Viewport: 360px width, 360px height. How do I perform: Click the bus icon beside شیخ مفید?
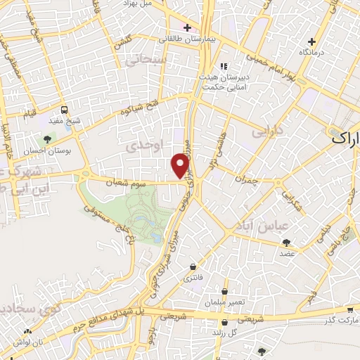[65, 110]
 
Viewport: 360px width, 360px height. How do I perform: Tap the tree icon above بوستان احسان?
[47, 139]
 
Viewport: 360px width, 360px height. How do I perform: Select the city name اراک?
[345, 139]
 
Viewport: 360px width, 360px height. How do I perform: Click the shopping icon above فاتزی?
[193, 266]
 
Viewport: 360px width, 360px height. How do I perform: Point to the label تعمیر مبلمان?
[225, 302]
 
